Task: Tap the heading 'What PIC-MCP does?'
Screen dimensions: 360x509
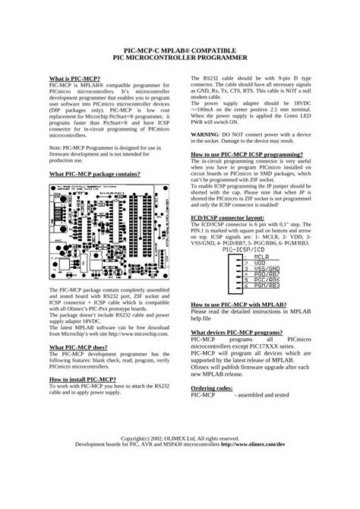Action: coord(79,324)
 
